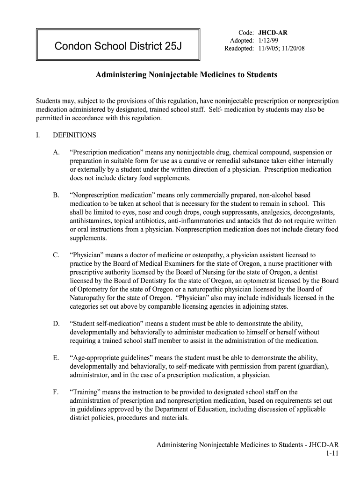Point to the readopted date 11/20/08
pos(292,48)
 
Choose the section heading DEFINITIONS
pos(74,135)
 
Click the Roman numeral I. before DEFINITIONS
pos(39,135)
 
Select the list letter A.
pos(57,152)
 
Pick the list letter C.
pos(57,255)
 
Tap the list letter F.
pos(57,392)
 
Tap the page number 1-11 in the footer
pos(332,453)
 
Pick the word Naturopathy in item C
pos(87,298)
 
